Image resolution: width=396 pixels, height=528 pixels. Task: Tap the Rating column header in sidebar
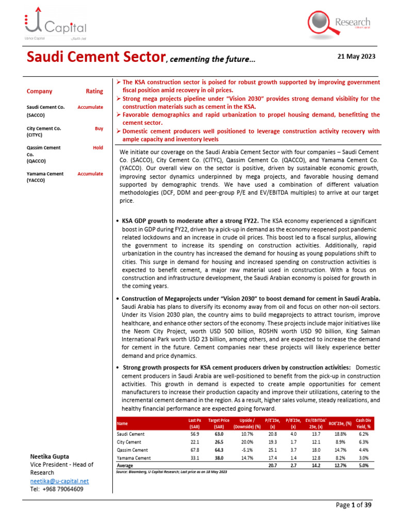(x=94, y=91)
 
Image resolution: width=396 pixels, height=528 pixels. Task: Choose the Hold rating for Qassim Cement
(x=97, y=147)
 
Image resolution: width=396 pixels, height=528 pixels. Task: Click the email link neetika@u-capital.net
(x=59, y=481)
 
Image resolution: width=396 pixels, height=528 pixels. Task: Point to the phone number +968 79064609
(x=57, y=489)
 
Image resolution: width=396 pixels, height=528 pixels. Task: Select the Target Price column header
(x=218, y=423)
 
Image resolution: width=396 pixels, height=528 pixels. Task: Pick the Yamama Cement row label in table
(x=134, y=458)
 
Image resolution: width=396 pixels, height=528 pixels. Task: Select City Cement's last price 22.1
(x=195, y=442)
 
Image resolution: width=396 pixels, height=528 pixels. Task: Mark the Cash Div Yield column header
(x=365, y=423)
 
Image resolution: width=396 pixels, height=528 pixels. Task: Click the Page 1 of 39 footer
(x=353, y=505)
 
